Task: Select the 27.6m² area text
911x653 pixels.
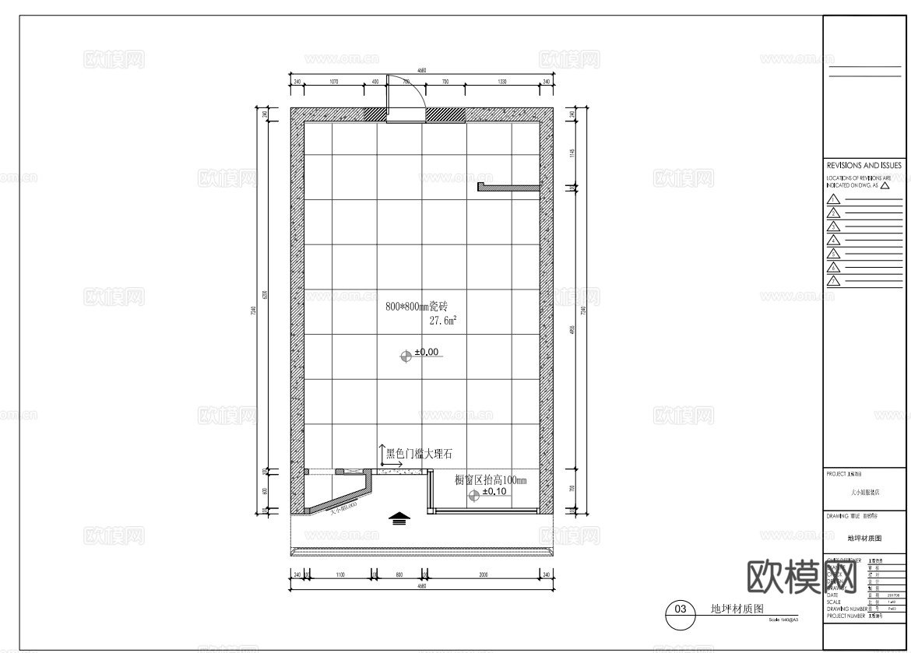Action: [x=443, y=320]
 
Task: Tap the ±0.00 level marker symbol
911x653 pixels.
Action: [x=405, y=356]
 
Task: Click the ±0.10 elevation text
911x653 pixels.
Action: [x=494, y=492]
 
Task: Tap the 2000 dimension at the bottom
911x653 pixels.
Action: [x=483, y=574]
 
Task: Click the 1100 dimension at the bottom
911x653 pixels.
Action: [x=340, y=574]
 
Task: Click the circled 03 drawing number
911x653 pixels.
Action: [x=680, y=609]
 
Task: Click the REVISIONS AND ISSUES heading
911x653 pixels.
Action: [x=864, y=166]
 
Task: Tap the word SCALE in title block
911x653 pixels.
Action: [x=835, y=602]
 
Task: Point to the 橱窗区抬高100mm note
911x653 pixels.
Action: [x=491, y=480]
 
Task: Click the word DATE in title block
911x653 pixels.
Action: [x=834, y=595]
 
